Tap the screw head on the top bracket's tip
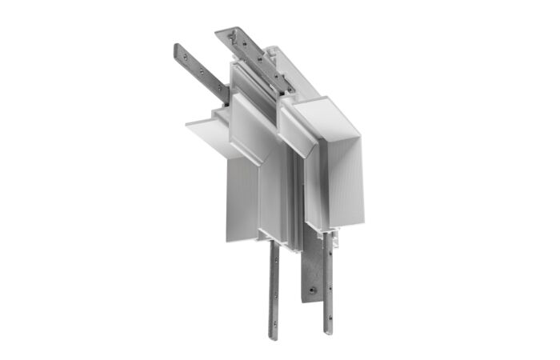point(233,35)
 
